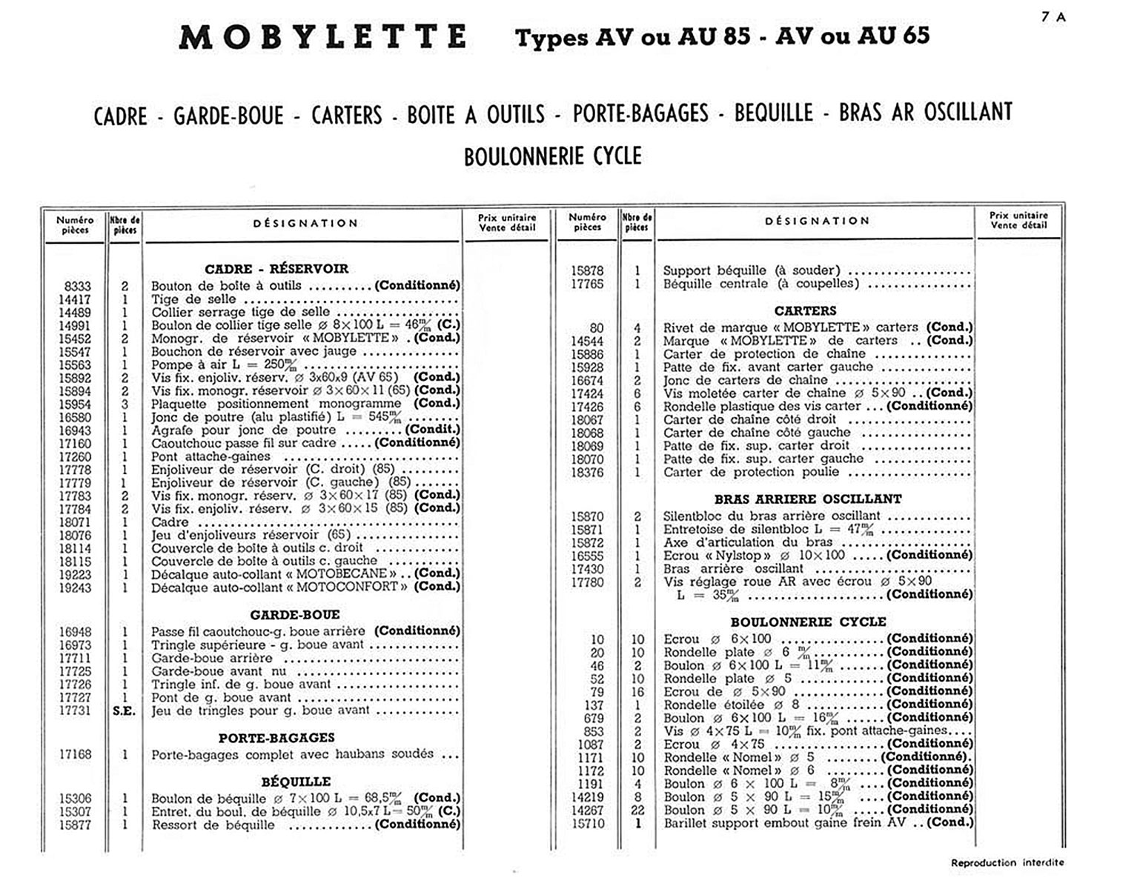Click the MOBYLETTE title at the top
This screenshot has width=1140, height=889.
click(323, 37)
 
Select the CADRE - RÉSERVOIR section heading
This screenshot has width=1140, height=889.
click(276, 269)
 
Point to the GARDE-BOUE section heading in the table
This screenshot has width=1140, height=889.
click(295, 615)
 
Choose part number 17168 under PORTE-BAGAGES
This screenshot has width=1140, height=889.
click(76, 754)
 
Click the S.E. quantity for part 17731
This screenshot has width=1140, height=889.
click(125, 710)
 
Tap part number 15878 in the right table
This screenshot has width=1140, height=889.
click(587, 270)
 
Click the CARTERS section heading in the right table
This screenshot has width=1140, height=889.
click(805, 311)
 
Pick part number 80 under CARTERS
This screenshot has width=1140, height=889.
click(597, 327)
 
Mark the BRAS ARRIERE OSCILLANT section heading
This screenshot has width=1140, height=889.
click(808, 499)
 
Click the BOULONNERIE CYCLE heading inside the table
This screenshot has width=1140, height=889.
click(808, 622)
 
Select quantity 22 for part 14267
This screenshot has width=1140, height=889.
click(637, 810)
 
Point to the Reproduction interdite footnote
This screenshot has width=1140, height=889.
click(1007, 862)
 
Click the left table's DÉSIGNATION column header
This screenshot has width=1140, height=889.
click(305, 223)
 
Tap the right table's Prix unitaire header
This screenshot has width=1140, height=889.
click(1018, 220)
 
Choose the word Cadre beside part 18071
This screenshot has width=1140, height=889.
click(170, 522)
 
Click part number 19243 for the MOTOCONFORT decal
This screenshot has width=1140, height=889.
click(76, 587)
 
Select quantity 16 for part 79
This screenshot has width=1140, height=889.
click(637, 691)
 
